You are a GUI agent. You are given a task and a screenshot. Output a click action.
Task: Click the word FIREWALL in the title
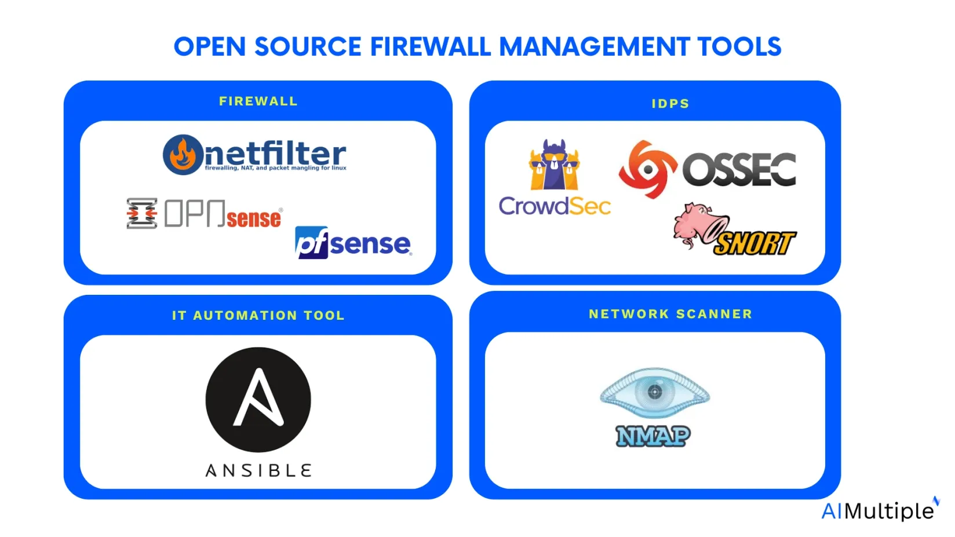[430, 46]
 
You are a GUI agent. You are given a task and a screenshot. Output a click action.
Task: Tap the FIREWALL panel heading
[258, 101]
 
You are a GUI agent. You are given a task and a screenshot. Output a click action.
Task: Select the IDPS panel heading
[670, 104]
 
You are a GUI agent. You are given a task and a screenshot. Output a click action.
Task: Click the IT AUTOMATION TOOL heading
[258, 315]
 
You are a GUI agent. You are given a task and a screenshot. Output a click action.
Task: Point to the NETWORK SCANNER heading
[670, 314]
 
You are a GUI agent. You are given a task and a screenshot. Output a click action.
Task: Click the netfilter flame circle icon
[183, 155]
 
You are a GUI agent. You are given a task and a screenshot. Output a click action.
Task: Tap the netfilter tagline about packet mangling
[275, 168]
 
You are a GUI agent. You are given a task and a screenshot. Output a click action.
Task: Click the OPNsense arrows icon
[142, 213]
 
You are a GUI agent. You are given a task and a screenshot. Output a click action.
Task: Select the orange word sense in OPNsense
[254, 219]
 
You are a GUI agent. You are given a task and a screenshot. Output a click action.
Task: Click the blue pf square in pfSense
[311, 243]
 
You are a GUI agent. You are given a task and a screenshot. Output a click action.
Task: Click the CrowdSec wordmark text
[555, 206]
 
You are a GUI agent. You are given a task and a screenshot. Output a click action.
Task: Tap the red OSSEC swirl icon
[648, 169]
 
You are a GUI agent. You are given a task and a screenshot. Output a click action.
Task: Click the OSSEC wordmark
[739, 169]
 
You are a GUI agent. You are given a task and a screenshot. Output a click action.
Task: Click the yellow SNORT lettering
[754, 243]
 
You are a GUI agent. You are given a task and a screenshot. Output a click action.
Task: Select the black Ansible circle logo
[258, 400]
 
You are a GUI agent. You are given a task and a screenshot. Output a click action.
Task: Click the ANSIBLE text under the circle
[258, 470]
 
